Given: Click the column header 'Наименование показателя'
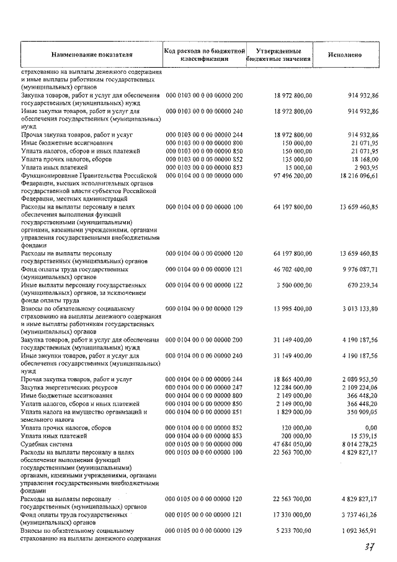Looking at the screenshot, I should point(92,54).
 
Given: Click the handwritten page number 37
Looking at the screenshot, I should point(370,548).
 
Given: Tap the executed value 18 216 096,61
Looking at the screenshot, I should point(358,176).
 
